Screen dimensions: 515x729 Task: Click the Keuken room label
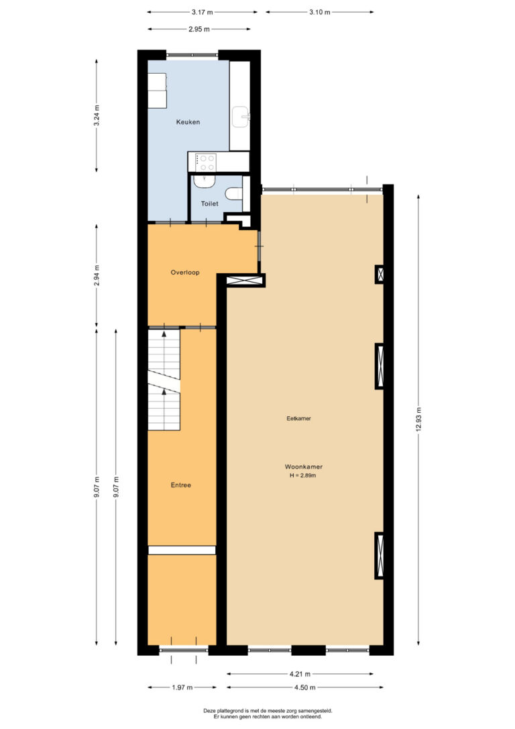[x=188, y=121]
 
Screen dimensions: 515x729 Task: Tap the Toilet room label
[x=209, y=203]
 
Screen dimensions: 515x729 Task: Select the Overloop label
[x=185, y=273]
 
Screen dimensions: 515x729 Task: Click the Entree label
[x=180, y=485]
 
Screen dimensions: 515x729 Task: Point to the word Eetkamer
[x=298, y=418]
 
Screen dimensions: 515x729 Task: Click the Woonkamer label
[x=304, y=467]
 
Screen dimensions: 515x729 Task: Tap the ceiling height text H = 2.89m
[x=303, y=476]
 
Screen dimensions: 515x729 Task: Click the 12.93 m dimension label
[x=419, y=419]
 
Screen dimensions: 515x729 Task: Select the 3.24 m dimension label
[x=97, y=115]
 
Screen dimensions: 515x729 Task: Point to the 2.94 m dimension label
[x=97, y=276]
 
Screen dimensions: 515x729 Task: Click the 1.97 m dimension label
[x=182, y=687]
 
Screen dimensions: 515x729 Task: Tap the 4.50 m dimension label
[x=305, y=687]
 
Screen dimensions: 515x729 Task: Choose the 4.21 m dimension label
[x=300, y=674]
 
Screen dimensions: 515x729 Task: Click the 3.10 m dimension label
[x=319, y=12]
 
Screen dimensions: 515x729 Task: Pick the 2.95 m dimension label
[x=198, y=29]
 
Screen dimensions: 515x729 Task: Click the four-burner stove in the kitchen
[x=205, y=162]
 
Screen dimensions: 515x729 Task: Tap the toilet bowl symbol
[x=234, y=192]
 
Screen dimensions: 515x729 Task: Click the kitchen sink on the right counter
[x=241, y=117]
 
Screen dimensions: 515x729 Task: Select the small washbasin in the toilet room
[x=205, y=181]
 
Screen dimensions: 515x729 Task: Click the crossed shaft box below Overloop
[x=245, y=281]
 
